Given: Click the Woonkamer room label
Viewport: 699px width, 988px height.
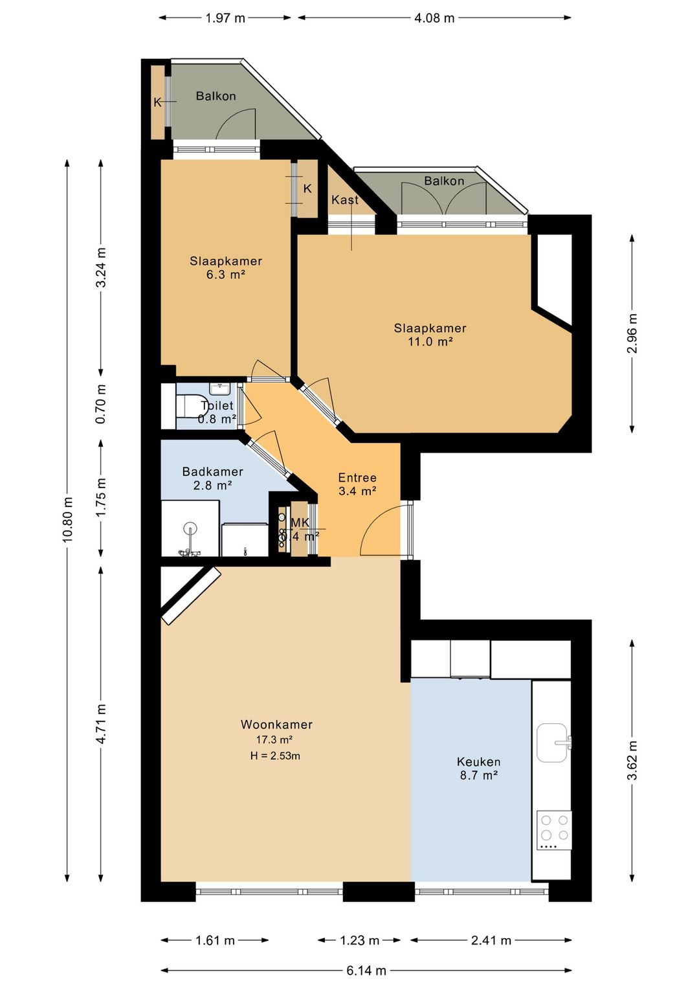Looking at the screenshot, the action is (x=276, y=724).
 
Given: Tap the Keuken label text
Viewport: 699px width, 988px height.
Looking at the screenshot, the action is (x=478, y=762).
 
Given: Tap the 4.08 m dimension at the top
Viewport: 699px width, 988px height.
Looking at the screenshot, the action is (x=434, y=18).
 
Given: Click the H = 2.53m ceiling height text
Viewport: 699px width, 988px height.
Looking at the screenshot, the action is (x=275, y=756).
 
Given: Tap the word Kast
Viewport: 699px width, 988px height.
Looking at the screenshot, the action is (x=345, y=200).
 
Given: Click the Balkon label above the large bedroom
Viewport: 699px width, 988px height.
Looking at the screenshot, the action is (x=444, y=181).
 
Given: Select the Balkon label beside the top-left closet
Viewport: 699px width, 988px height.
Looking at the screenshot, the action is (x=216, y=96).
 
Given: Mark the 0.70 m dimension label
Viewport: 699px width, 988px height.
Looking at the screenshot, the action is (x=101, y=404).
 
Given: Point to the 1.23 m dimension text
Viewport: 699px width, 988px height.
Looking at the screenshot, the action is (x=359, y=941).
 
